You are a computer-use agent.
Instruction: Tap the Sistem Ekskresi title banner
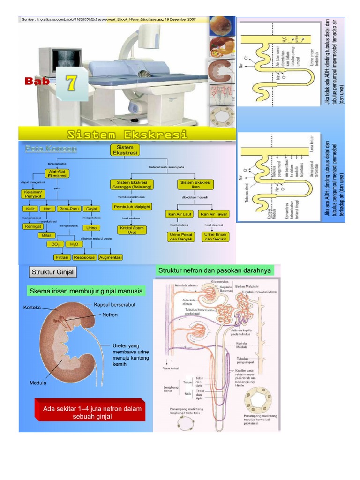click(x=127, y=135)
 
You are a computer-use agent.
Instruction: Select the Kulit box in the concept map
click(x=30, y=209)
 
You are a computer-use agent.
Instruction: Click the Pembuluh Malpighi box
click(x=131, y=206)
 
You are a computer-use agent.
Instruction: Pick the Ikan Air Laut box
click(x=180, y=214)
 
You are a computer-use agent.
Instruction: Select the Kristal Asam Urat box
click(x=131, y=230)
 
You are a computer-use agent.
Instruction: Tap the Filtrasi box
click(x=62, y=257)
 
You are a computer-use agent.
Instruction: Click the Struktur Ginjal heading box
click(x=52, y=272)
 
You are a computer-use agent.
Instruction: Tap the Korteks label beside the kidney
click(x=32, y=307)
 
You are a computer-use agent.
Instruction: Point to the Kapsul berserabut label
click(x=114, y=304)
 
